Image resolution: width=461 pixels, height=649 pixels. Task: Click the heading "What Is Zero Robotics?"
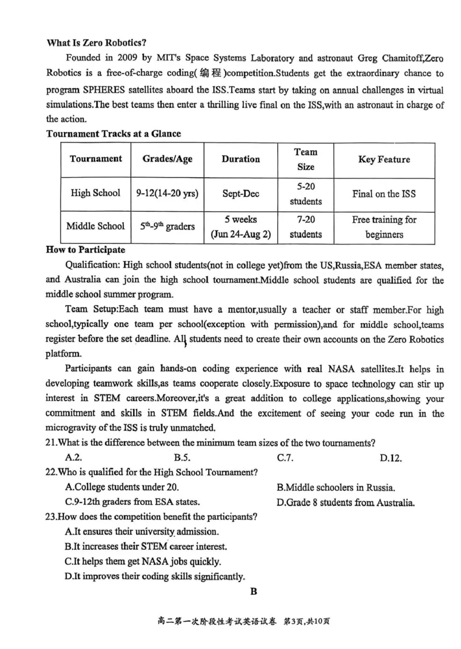click(x=96, y=43)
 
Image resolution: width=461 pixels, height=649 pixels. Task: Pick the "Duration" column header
click(x=240, y=159)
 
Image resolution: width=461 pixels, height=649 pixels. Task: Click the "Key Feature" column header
click(x=384, y=159)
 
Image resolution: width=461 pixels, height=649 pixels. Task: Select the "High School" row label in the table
click(x=96, y=194)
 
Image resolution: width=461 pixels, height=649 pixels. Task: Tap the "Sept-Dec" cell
click(x=240, y=194)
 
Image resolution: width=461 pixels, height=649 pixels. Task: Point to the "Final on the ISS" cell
click(x=384, y=194)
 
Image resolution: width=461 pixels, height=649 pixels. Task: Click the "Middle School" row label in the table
click(x=96, y=227)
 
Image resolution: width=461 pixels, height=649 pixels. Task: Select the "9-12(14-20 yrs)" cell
click(x=168, y=194)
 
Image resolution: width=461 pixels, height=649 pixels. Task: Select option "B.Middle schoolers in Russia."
click(x=335, y=487)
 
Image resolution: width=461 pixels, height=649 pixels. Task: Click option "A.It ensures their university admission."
click(x=142, y=531)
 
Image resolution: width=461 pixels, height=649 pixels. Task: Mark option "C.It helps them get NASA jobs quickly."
click(x=143, y=561)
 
